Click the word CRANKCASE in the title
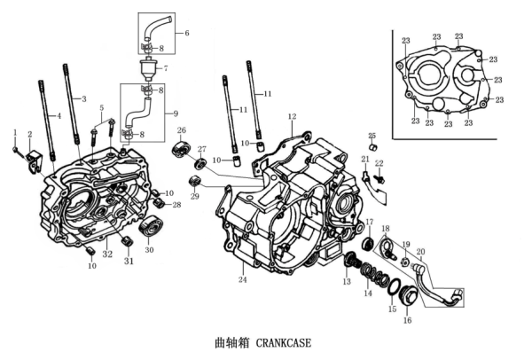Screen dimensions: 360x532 (x=285, y=341)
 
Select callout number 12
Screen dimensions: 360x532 (x=292, y=117)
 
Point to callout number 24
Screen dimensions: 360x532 (x=242, y=280)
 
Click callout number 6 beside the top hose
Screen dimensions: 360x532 (x=187, y=33)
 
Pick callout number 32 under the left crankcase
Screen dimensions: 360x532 (x=107, y=254)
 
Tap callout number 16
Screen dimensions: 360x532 (x=408, y=321)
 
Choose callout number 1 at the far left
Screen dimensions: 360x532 (x=15, y=132)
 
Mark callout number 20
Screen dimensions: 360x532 (x=420, y=252)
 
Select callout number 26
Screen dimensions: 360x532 (x=182, y=131)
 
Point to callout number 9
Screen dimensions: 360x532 (x=175, y=113)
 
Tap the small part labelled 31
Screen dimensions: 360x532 (x=128, y=240)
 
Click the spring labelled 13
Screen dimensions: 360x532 (x=352, y=261)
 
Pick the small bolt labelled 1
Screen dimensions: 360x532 (x=18, y=149)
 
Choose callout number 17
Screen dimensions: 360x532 (x=370, y=223)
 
